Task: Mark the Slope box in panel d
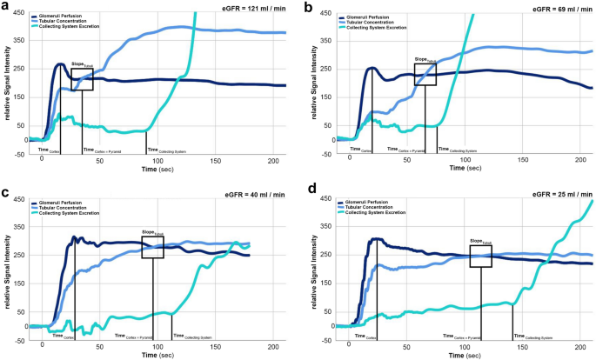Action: (480, 256)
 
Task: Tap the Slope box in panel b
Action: (425, 74)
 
